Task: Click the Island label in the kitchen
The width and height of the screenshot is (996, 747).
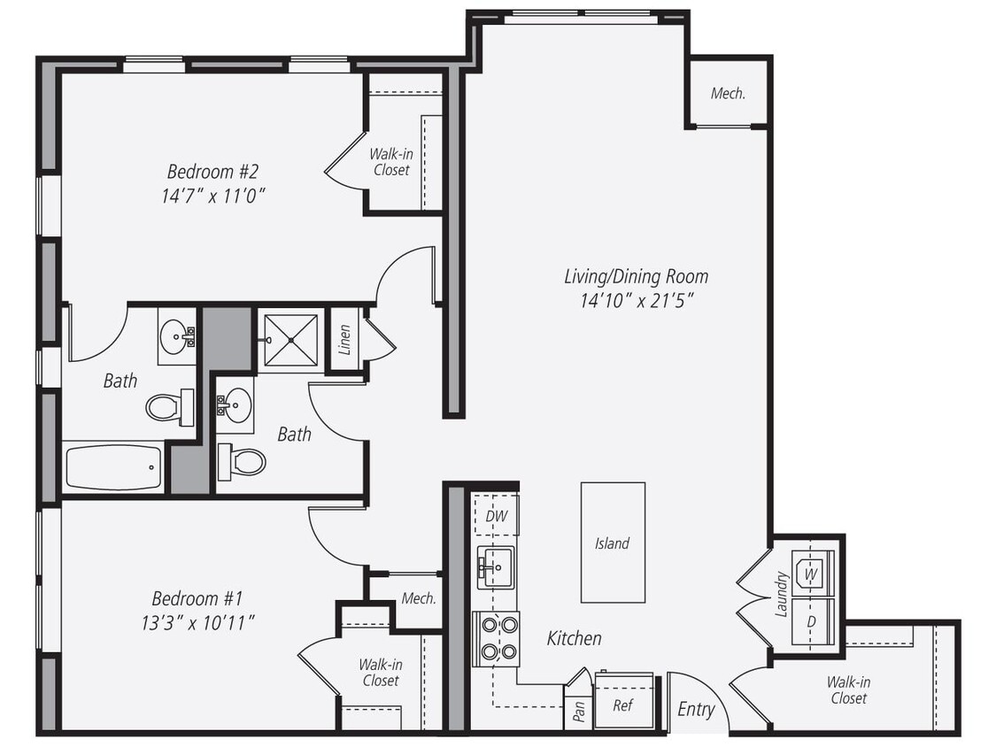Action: (612, 543)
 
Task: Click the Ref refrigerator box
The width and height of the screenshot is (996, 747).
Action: (623, 705)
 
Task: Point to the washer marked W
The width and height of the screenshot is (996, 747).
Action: (812, 573)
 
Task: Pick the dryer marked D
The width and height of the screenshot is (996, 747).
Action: (811, 619)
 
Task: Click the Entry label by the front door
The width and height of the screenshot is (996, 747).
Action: (696, 709)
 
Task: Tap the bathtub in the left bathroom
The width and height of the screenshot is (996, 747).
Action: (113, 466)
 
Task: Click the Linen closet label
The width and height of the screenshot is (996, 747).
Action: (344, 339)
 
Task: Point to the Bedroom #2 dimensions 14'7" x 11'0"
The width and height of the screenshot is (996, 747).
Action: (212, 196)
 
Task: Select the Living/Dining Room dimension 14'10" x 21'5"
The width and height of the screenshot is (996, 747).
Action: (636, 301)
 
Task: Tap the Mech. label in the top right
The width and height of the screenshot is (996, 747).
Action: (728, 93)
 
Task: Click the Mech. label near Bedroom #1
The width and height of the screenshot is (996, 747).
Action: (418, 598)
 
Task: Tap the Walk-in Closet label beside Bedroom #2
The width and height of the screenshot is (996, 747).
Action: (390, 161)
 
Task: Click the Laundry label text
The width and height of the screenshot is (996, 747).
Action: (782, 593)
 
